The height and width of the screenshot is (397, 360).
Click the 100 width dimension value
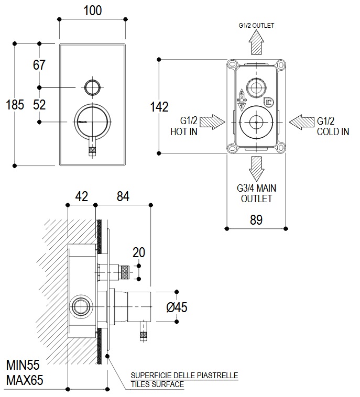(x=92, y=10)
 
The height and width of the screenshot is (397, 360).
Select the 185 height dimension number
(x=15, y=105)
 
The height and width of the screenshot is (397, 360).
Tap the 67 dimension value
(x=39, y=65)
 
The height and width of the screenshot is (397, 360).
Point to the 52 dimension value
(x=39, y=104)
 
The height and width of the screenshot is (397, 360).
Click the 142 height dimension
(x=159, y=107)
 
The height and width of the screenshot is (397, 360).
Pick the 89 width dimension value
(x=256, y=220)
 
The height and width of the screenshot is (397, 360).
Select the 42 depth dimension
(x=81, y=196)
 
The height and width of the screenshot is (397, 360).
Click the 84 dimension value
(x=123, y=196)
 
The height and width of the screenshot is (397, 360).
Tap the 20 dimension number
(x=139, y=252)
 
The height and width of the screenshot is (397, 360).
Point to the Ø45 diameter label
(x=177, y=307)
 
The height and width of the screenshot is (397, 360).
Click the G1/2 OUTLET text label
(x=256, y=25)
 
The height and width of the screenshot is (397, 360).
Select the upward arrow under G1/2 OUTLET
(x=256, y=42)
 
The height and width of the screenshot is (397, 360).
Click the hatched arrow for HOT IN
(x=213, y=123)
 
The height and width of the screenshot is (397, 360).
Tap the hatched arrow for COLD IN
(x=301, y=123)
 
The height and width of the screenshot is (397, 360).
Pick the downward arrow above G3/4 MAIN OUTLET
(x=256, y=167)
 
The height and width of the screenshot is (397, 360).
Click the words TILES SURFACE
(x=157, y=384)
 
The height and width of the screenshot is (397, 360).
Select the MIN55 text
(x=23, y=365)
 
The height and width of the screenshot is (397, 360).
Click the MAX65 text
(x=24, y=380)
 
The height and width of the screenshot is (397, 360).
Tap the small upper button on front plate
(x=92, y=86)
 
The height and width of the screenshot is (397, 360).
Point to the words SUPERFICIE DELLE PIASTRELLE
(x=184, y=376)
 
